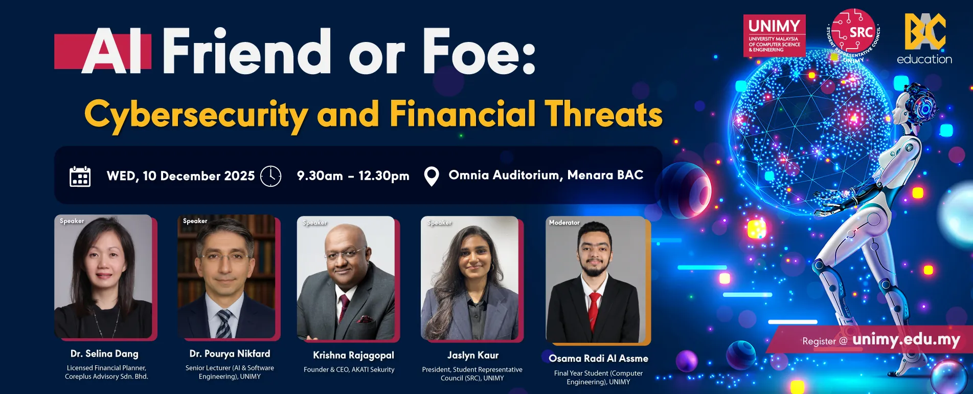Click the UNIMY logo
[774, 35]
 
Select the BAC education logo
[924, 39]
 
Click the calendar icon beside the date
[80, 177]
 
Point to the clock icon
[270, 176]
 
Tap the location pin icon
[432, 177]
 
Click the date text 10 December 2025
[198, 176]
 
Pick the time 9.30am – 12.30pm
[353, 176]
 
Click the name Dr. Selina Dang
[104, 354]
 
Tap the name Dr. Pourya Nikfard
[230, 354]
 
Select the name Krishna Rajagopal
[353, 355]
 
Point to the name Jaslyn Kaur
[473, 355]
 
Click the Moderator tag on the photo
[564, 223]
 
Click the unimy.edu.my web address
[907, 340]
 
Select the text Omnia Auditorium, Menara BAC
[546, 175]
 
